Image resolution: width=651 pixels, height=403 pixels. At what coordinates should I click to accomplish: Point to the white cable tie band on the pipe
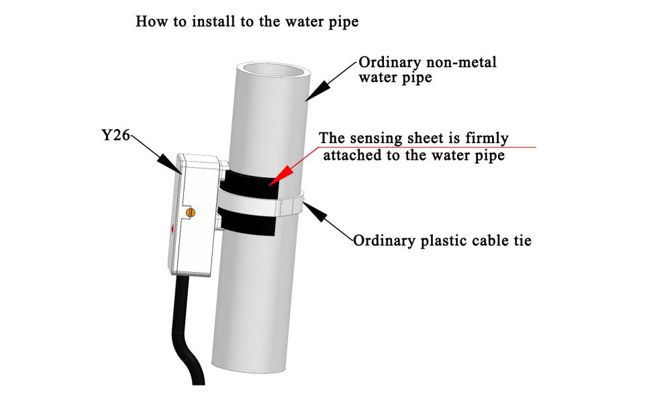[255, 203]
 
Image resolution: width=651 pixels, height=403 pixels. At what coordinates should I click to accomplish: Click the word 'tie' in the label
[521, 240]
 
